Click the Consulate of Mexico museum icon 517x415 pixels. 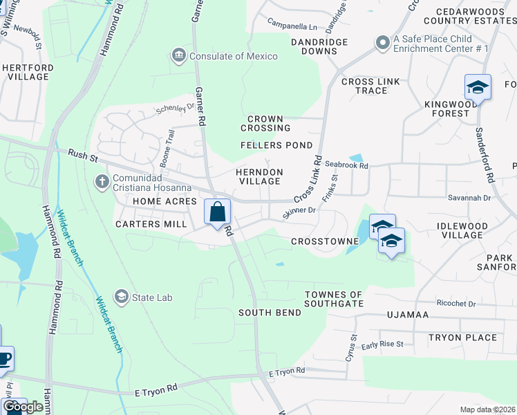pos(179,55)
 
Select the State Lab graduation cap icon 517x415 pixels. pos(122,297)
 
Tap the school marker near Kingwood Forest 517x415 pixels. pos(478,87)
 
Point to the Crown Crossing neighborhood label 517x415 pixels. pos(265,123)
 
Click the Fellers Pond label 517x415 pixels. pos(276,145)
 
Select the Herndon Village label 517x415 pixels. pos(259,176)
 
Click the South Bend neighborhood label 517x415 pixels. pos(270,313)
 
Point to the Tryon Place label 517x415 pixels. pos(462,338)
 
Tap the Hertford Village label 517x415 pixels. pos(28,72)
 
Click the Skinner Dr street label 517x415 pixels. pos(299,212)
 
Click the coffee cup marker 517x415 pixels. pos(4,359)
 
